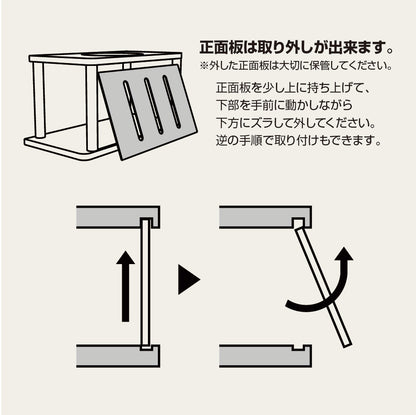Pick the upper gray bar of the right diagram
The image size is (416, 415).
click(255, 217)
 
